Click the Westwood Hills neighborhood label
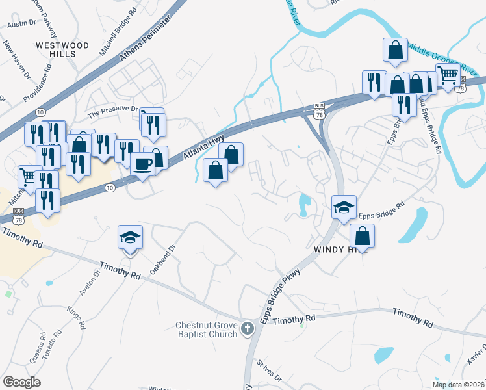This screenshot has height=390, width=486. (x=62, y=50)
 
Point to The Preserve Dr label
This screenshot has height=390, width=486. (x=114, y=111)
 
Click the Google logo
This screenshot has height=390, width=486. (x=21, y=382)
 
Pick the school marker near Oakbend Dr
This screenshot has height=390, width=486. (x=130, y=238)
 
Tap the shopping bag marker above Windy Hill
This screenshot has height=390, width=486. (x=363, y=236)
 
